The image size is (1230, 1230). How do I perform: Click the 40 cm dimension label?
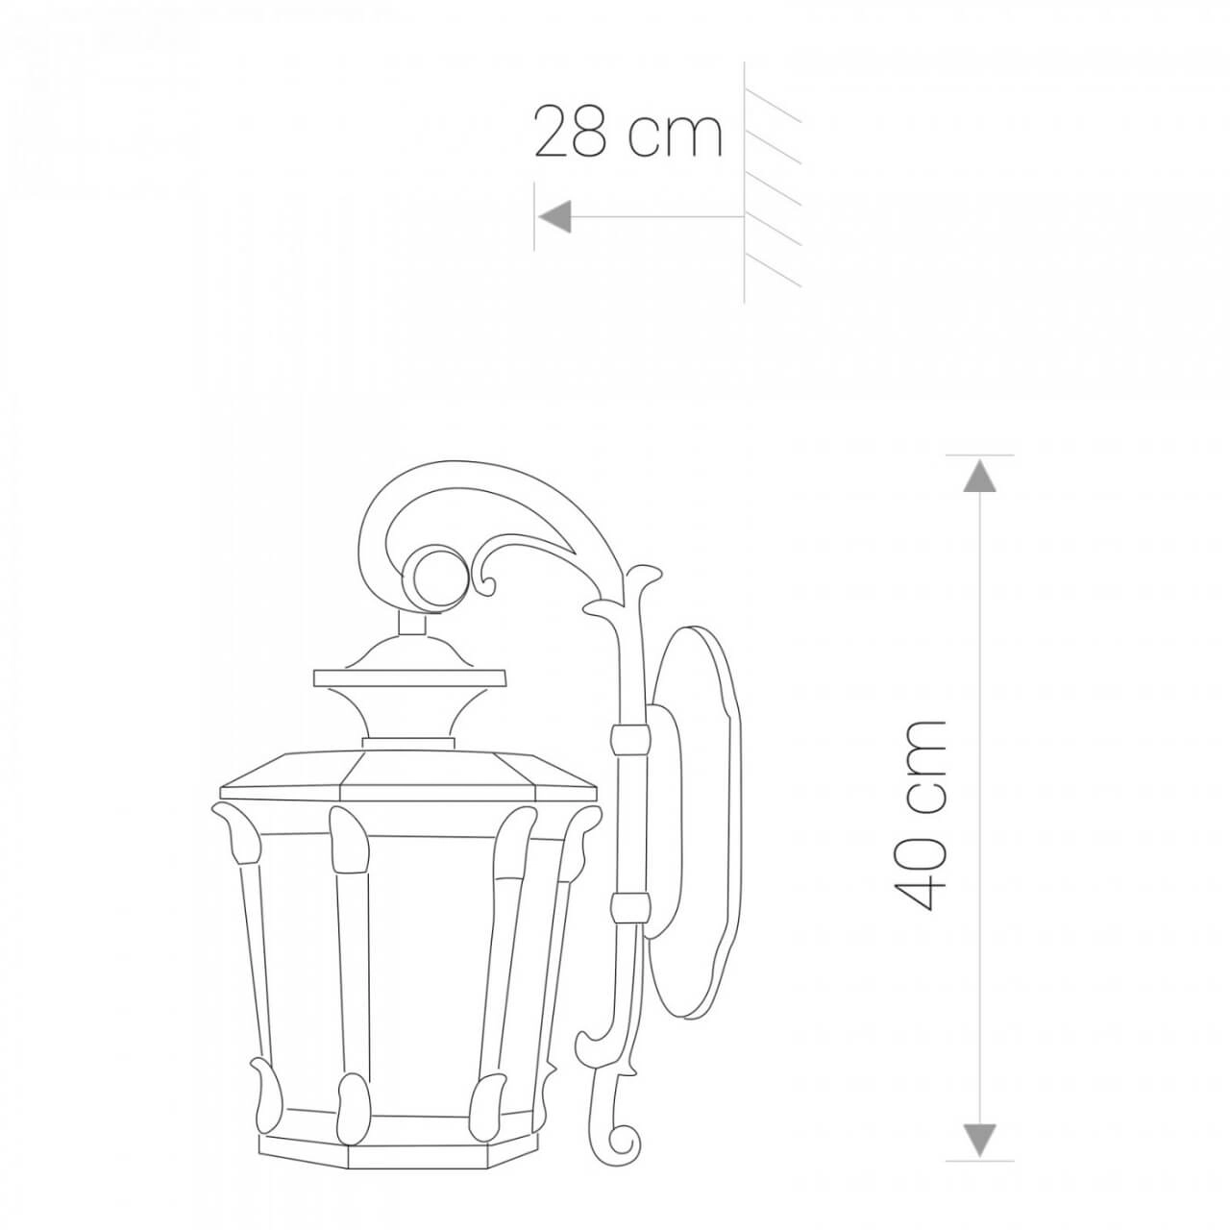pyautogui.click(x=920, y=815)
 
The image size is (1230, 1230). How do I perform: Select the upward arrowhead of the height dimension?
pyautogui.click(x=979, y=476)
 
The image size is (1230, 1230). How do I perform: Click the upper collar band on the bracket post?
pyautogui.click(x=630, y=738)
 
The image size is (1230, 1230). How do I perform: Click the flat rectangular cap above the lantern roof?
pyautogui.click(x=409, y=678)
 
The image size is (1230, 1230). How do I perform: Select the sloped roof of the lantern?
pyautogui.click(x=408, y=774)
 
